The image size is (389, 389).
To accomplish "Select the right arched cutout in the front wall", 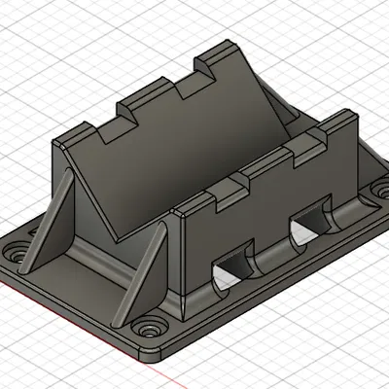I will pyautogui.click(x=309, y=225).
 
